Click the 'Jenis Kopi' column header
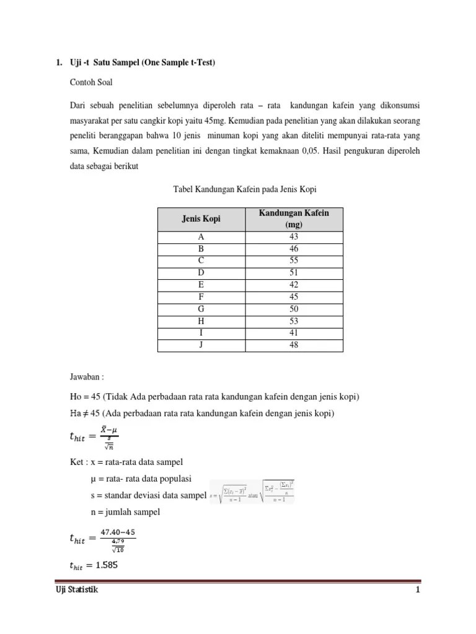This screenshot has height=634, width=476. point(201,219)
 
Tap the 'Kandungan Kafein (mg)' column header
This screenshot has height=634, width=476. point(293,219)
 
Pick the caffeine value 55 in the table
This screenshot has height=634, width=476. point(293,261)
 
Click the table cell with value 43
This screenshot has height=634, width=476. point(293,237)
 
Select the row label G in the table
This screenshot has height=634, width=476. point(201,308)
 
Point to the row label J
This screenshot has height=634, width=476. point(201,345)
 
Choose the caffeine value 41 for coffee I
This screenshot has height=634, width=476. point(293,332)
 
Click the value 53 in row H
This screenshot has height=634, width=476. point(293,321)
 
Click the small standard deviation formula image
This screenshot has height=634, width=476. point(252,492)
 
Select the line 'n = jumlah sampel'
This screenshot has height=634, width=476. point(125,511)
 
